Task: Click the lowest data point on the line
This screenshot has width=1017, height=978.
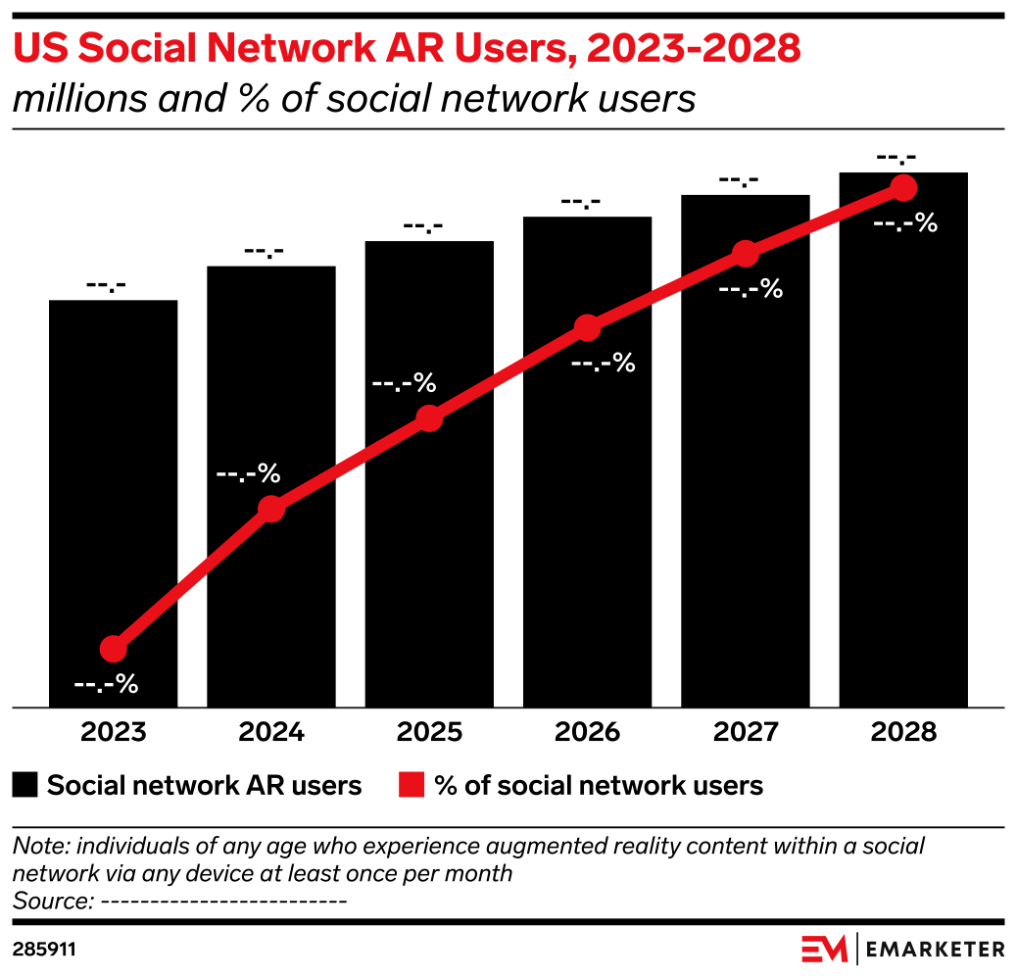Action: (x=114, y=648)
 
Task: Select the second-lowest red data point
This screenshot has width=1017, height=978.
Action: (x=271, y=509)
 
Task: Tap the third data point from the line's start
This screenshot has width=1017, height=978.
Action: (x=429, y=418)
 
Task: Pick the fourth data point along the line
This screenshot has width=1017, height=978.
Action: (x=587, y=327)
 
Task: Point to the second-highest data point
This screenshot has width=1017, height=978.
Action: (x=746, y=254)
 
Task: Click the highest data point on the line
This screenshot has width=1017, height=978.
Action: (x=903, y=187)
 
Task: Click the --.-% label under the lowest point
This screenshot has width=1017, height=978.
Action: (x=106, y=684)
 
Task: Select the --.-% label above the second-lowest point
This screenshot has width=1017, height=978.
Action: (x=248, y=474)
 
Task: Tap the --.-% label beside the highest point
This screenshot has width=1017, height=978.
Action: (x=905, y=223)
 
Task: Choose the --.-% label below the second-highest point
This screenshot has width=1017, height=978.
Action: (x=751, y=289)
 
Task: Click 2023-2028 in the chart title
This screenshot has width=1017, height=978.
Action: (x=694, y=49)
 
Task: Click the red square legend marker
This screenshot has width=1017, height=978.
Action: (x=412, y=785)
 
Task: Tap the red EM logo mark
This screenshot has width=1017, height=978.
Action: (x=824, y=949)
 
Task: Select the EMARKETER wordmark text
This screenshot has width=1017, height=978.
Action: (x=935, y=949)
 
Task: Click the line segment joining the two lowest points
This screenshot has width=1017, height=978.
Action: (x=193, y=578)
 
